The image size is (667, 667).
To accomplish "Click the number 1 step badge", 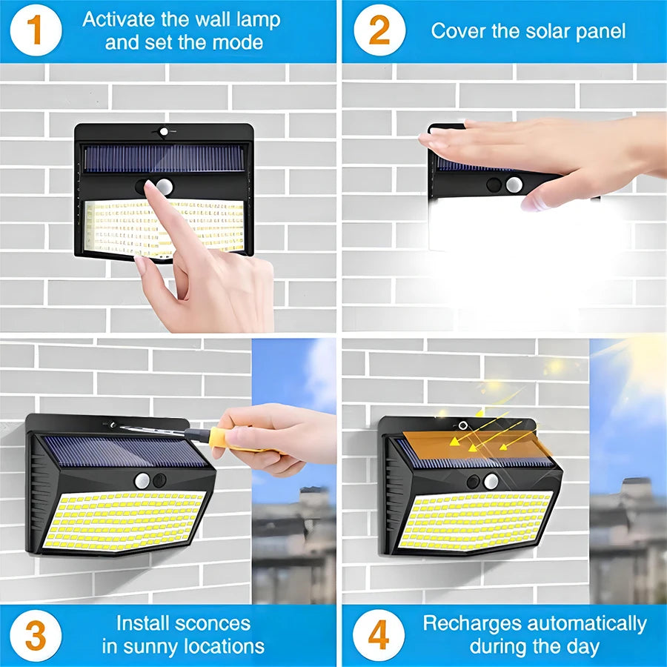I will pyautogui.click(x=35, y=30).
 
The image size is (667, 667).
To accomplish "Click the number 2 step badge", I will pyautogui.click(x=379, y=30).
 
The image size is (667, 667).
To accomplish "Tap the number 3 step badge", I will pyautogui.click(x=35, y=635).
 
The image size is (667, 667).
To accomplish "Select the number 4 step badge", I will pyautogui.click(x=379, y=635).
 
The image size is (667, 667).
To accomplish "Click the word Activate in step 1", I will pyautogui.click(x=121, y=20).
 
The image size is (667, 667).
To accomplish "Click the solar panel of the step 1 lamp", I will pyautogui.click(x=163, y=157).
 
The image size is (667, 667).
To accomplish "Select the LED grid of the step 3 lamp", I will pyautogui.click(x=122, y=520).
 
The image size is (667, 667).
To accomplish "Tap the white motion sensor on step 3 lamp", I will pyautogui.click(x=142, y=480).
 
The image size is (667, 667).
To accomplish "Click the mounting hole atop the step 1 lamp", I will pyautogui.click(x=163, y=131).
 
